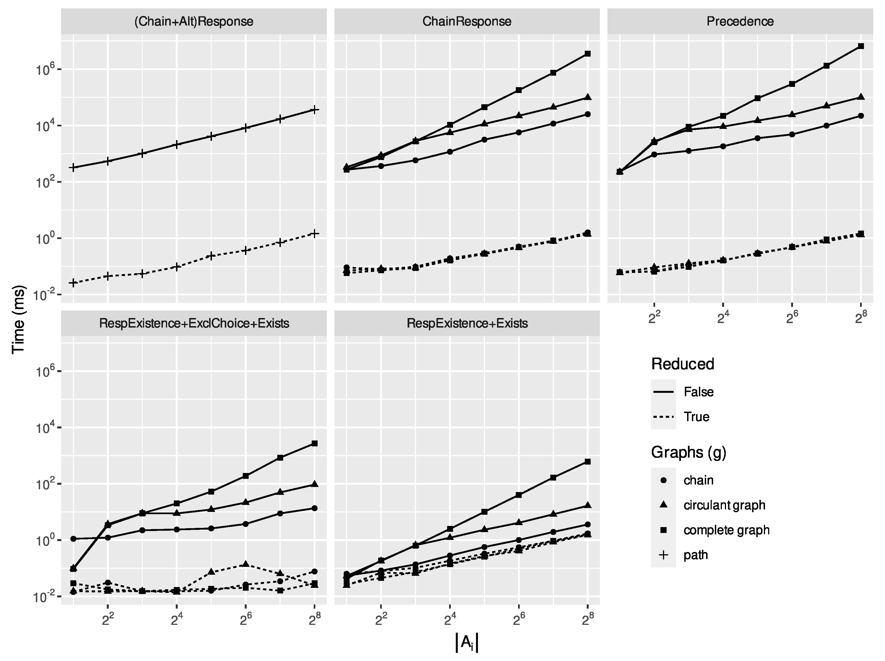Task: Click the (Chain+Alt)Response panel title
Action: click(x=194, y=21)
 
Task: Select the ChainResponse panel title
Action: click(x=467, y=21)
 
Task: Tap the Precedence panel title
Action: click(x=740, y=21)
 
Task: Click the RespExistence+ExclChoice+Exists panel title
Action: click(x=194, y=323)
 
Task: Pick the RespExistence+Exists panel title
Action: click(x=467, y=323)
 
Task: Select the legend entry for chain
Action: click(x=698, y=480)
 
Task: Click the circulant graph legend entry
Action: click(x=724, y=505)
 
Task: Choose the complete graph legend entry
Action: click(x=726, y=530)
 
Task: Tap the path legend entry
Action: click(x=695, y=555)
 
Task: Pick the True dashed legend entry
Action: click(x=696, y=417)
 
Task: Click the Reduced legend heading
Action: click(x=682, y=364)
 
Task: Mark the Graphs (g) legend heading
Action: click(x=688, y=452)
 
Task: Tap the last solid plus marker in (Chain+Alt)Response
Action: click(x=315, y=110)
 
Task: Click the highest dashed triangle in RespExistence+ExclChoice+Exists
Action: click(x=246, y=564)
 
